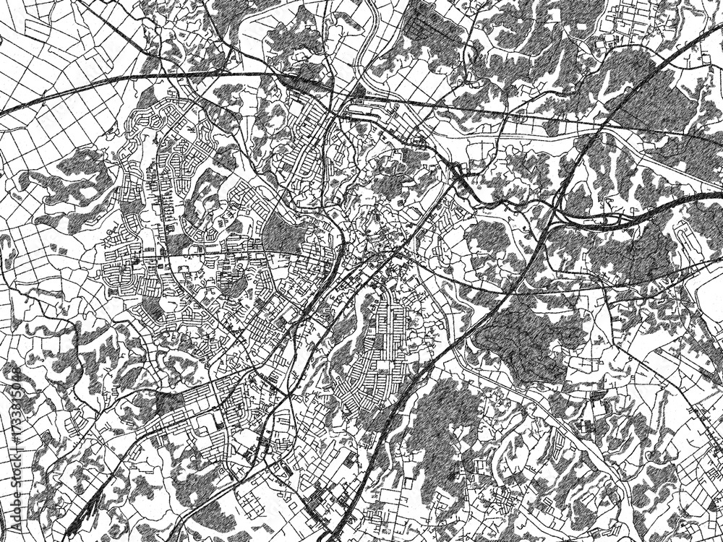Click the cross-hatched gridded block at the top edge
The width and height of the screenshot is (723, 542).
(427, 22)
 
